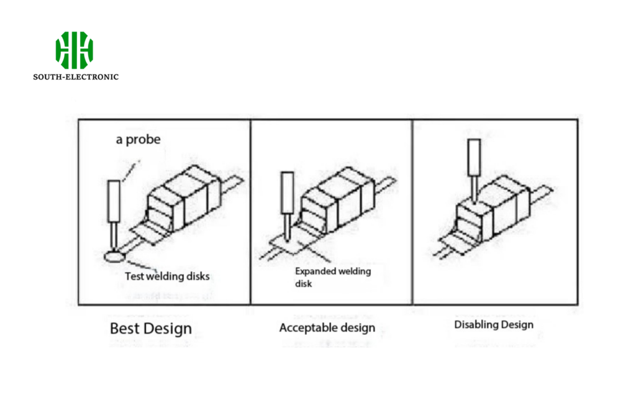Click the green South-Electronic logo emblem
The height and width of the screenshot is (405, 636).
click(75, 50)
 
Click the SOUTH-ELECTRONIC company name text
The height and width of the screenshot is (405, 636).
click(76, 76)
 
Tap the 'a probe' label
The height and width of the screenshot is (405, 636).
click(139, 140)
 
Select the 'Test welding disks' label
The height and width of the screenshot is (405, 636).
click(167, 276)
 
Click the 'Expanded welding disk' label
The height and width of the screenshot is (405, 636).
click(333, 277)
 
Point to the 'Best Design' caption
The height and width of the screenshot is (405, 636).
click(151, 329)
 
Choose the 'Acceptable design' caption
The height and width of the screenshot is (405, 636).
click(327, 328)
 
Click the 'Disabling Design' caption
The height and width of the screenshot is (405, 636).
click(494, 325)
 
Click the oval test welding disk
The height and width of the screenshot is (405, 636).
click(114, 257)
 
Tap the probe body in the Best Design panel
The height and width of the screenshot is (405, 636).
click(114, 201)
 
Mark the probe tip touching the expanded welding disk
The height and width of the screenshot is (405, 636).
click(288, 240)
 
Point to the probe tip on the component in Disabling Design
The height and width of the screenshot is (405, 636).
click(474, 201)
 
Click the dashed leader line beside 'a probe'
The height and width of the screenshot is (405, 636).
click(130, 171)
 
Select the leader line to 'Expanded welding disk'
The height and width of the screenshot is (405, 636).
click(314, 251)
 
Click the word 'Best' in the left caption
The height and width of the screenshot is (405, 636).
click(124, 328)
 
